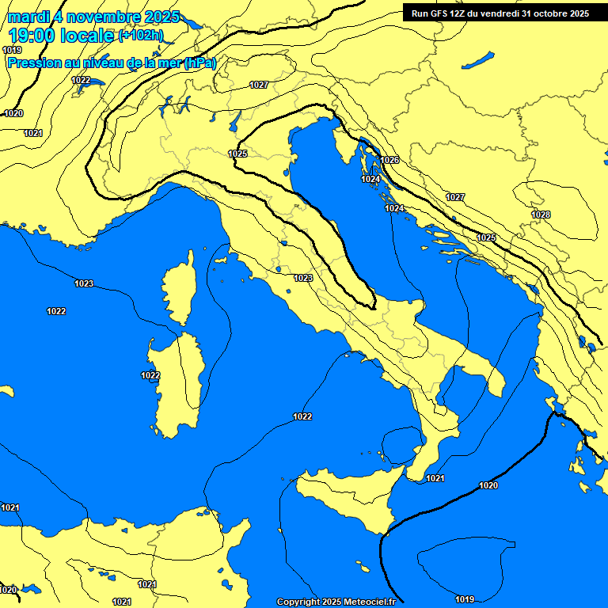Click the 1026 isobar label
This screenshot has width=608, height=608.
click(x=390, y=160)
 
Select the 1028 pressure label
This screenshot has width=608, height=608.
click(x=541, y=215)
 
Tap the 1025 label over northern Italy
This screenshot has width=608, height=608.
click(x=237, y=154)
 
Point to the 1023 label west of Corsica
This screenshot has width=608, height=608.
click(x=84, y=283)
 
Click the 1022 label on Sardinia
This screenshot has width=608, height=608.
click(x=150, y=375)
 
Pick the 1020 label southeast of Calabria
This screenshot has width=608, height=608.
click(x=488, y=485)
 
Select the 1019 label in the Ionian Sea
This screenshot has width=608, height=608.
click(x=465, y=598)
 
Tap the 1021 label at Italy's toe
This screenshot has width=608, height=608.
click(x=435, y=478)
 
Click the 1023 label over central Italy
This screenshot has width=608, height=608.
click(x=302, y=278)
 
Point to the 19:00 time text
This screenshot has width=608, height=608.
click(x=32, y=36)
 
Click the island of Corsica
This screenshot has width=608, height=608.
click(x=180, y=289)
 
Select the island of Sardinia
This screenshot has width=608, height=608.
click(x=178, y=384)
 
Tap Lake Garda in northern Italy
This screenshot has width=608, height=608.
click(x=235, y=120)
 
